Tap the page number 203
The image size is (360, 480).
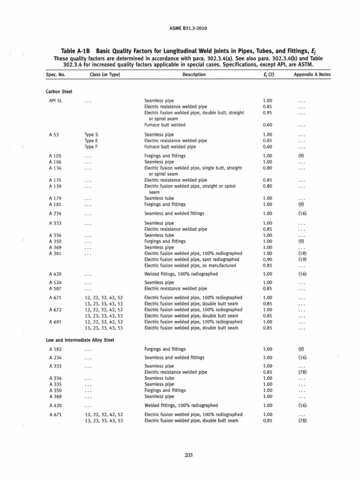coord(189,455)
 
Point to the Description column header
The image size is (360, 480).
coord(194,75)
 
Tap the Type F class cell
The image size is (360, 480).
coord(91,146)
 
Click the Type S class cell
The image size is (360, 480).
coord(91,135)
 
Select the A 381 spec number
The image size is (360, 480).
coord(54,253)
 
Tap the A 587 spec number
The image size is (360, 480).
coord(54,289)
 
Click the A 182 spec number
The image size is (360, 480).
coord(54,349)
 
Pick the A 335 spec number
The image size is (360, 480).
coord(54,384)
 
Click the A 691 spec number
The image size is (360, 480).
coord(54,322)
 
